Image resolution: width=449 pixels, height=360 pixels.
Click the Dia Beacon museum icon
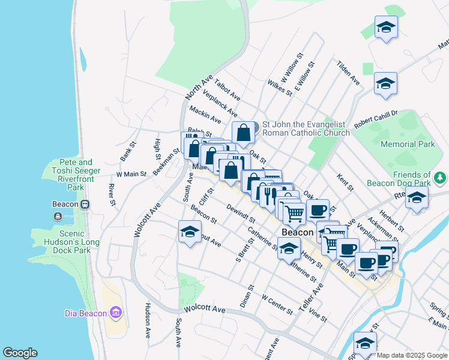click(x=116, y=313)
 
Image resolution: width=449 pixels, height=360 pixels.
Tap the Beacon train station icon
click(x=85, y=204)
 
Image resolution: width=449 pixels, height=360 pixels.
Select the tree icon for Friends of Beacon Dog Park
click(x=440, y=178)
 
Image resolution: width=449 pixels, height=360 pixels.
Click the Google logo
click(x=20, y=353)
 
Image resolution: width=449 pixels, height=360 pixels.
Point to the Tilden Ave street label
click(x=348, y=73)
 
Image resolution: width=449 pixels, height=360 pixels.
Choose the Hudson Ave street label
click(x=147, y=320)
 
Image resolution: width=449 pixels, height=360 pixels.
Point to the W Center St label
click(x=277, y=304)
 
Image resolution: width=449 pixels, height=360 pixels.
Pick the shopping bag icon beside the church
click(x=243, y=133)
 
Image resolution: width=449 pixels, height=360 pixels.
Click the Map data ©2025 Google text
click(x=412, y=355)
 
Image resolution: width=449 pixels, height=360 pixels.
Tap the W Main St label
click(x=131, y=174)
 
